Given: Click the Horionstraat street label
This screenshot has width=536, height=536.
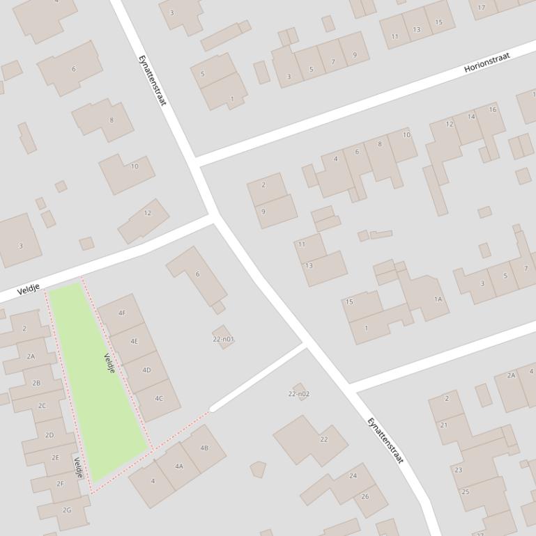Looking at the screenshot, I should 487,63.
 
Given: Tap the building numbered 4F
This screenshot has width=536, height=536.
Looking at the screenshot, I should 122,313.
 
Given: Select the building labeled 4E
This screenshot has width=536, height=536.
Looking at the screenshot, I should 135,342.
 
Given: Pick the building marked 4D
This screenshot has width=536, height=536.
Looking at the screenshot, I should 146,370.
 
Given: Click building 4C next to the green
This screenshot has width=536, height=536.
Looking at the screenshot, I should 159,399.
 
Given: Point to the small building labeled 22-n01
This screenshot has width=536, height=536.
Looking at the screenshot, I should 223,338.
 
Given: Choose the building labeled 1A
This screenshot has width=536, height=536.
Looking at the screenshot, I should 438,299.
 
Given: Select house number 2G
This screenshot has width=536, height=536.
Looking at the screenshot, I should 67,510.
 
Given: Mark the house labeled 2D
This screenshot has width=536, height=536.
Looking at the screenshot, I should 49,435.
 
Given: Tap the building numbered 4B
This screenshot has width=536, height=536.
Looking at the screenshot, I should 204,448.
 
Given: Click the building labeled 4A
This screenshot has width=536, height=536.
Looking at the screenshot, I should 179,466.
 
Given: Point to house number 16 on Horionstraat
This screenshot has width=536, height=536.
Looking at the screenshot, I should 492,110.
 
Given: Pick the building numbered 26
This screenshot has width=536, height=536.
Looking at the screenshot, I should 365,496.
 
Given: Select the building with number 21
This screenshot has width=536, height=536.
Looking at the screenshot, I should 443,425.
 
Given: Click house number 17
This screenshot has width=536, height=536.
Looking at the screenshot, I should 482,8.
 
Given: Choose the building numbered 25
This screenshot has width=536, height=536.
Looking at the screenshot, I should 466,491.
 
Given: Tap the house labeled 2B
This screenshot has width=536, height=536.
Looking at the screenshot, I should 36,383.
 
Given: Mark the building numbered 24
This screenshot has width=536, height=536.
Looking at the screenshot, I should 353,476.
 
